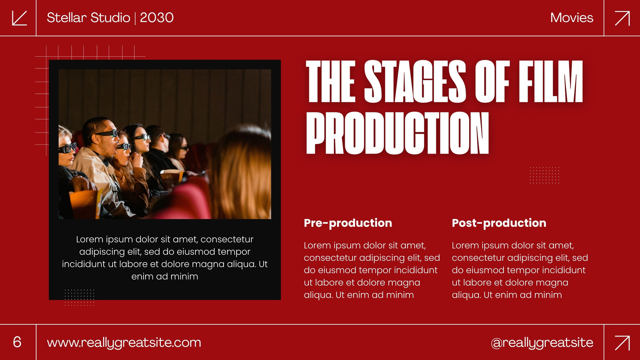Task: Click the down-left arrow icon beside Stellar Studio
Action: coord(20,18)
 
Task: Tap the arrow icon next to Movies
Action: coord(622,18)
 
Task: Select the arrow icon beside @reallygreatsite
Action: coord(622,342)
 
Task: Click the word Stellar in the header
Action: coord(66,18)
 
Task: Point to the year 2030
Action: coord(156,18)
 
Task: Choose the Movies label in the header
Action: coord(572,18)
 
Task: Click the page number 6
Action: coord(17,342)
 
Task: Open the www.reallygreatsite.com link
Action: coord(124,343)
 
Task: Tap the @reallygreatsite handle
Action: coord(542,343)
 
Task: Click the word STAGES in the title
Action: coord(415,81)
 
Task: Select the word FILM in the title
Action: coord(550,81)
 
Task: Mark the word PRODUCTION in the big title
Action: coord(398,133)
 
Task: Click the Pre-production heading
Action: coord(348,223)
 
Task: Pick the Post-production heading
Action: coord(499,223)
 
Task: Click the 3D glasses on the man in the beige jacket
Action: coord(107,134)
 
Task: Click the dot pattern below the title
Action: coord(544,175)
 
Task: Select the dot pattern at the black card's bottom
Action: coord(80,298)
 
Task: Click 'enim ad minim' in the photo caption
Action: coord(164,276)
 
